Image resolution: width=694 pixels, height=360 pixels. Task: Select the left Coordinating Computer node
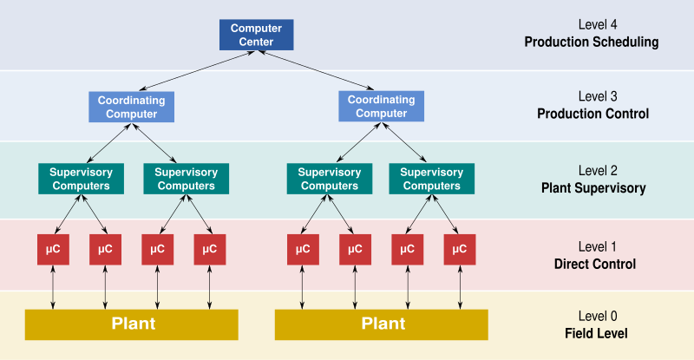pos(131,107)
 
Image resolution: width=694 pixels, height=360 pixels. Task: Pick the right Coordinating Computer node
pos(381,107)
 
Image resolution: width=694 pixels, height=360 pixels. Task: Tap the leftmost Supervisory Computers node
pos(81,179)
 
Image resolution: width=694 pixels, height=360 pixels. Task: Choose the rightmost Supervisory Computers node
pos(431,179)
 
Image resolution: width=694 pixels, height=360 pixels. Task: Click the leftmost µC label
pos(53,249)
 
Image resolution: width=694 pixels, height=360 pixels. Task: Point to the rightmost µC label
pos(459,249)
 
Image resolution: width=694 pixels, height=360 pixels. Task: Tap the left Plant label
pos(134,324)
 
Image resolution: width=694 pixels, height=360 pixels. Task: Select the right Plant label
pos(383,324)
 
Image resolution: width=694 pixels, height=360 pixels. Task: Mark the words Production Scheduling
pos(592,42)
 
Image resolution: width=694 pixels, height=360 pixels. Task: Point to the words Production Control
pos(593,114)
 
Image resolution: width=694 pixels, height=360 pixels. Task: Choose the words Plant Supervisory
pos(593,187)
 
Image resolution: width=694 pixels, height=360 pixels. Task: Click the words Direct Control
pos(594,264)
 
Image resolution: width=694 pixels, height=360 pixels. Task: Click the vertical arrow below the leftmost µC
pos(53,286)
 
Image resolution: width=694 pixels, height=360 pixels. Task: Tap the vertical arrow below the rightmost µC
pos(459,286)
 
